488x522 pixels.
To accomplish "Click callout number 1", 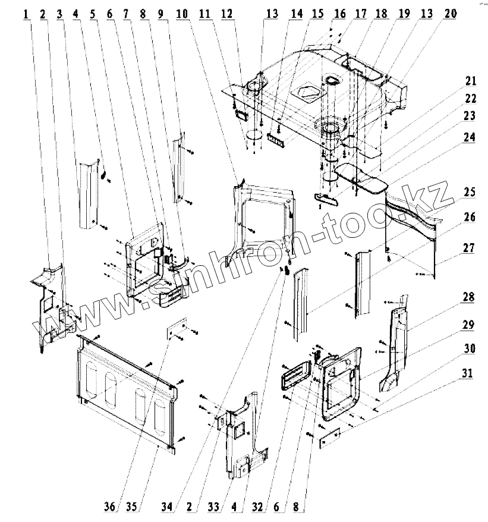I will point(27,13).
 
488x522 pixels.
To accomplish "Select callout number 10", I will point(182,13).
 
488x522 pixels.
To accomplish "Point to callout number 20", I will point(449,13).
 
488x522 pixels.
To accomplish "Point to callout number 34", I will point(169,507).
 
